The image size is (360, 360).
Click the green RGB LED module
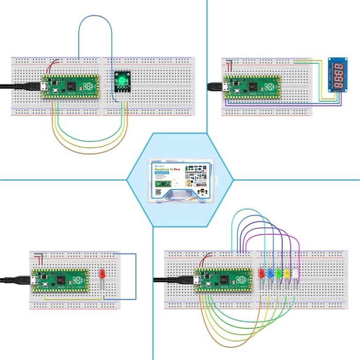pos(122,81)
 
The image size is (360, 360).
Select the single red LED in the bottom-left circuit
pos(103,274)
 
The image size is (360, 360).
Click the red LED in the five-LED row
pos(262,273)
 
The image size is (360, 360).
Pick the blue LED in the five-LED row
pos(270,273)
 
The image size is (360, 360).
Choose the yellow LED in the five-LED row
pos(287,273)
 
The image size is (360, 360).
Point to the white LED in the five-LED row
pos(295,273)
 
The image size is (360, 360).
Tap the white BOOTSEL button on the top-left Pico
pos(56,90)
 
